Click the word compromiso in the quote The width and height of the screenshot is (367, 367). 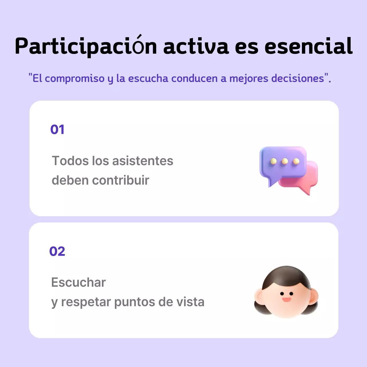pyautogui.click(x=75, y=79)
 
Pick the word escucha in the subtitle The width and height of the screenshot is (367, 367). pyautogui.click(x=148, y=79)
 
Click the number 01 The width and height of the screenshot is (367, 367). pyautogui.click(x=57, y=130)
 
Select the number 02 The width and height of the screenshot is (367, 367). pyautogui.click(x=57, y=251)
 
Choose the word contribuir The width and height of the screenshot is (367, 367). pyautogui.click(x=121, y=180)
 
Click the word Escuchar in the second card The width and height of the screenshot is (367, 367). pyautogui.click(x=79, y=282)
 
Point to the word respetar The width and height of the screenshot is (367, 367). pyautogui.click(x=86, y=302)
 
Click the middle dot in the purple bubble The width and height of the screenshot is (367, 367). pyautogui.click(x=285, y=161)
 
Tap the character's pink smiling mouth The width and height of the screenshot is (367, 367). pyautogui.click(x=286, y=300)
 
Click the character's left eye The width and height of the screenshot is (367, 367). pyautogui.click(x=282, y=294)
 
